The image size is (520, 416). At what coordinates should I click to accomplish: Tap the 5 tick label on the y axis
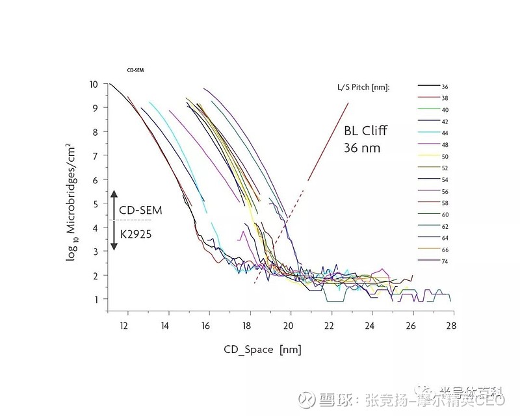(96, 203)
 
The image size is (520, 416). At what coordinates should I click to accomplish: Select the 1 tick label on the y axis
(96, 300)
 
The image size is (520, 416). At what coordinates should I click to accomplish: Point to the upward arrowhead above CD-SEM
(114, 193)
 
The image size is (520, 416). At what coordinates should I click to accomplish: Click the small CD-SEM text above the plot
(135, 68)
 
